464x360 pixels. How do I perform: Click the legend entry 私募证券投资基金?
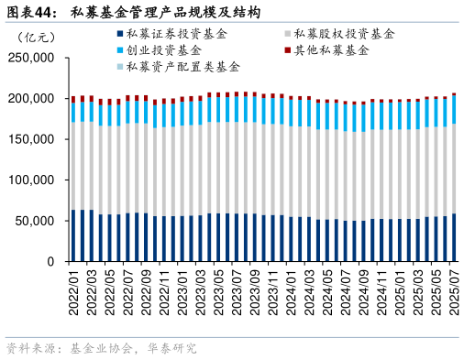[179, 34]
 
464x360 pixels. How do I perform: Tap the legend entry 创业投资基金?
[171, 50]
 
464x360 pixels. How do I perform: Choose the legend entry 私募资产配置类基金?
[183, 67]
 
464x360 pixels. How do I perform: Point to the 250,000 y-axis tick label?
[31, 58]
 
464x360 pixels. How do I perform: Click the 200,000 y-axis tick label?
[31, 99]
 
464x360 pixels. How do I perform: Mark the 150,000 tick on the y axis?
[31, 139]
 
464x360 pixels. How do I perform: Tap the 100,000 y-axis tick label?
[31, 180]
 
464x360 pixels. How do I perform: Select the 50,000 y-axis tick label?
[35, 221]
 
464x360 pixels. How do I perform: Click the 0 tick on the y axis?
[51, 262]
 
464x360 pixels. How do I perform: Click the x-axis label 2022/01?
[74, 290]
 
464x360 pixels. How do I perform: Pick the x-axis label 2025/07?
[454, 290]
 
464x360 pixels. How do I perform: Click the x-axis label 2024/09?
[364, 290]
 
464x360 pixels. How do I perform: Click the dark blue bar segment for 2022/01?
[73, 235]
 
